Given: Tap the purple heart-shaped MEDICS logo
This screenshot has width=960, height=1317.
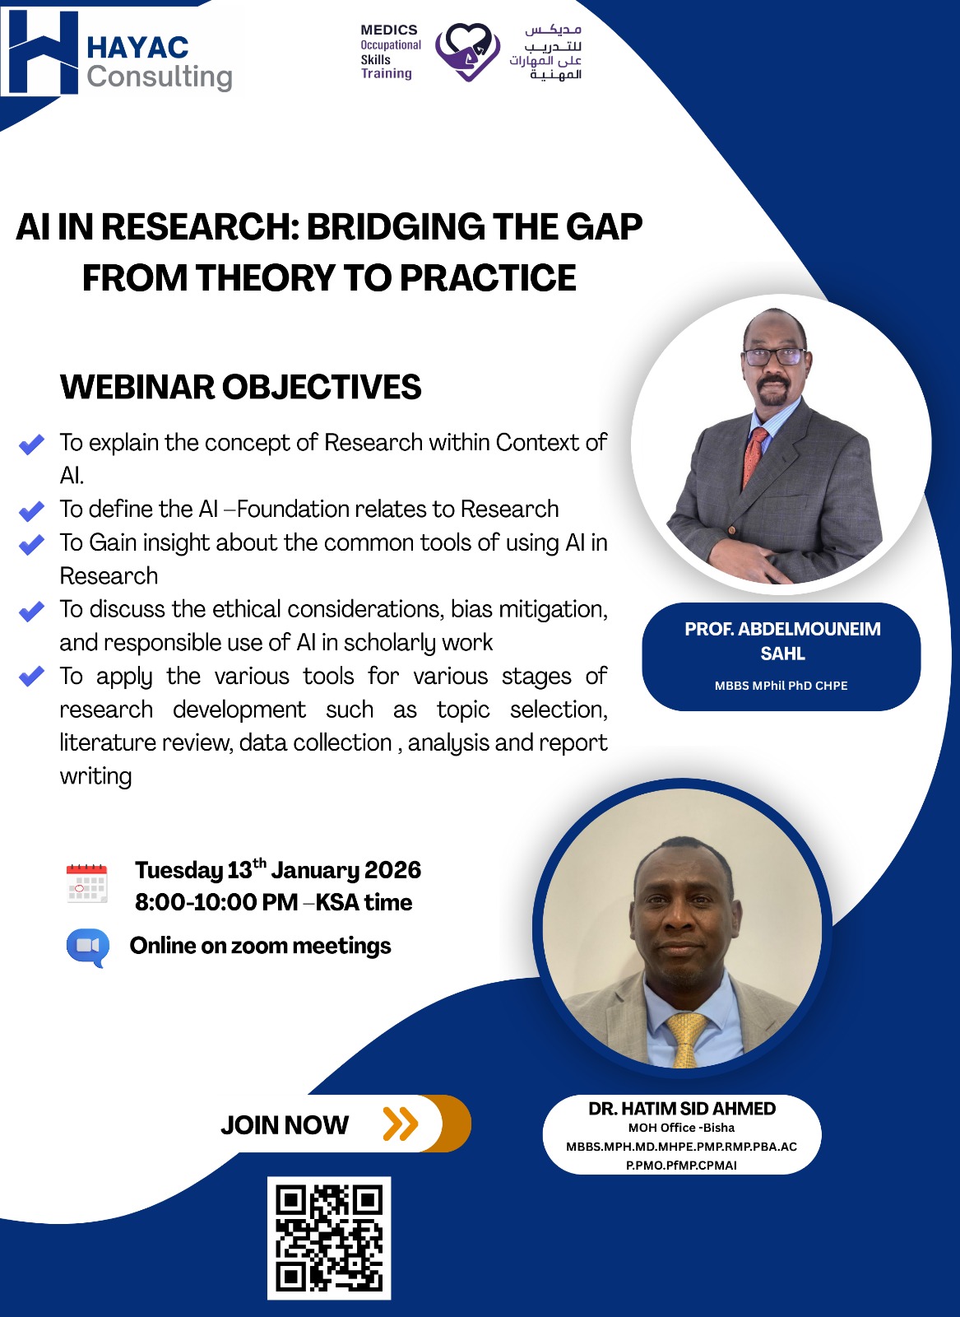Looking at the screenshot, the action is click(468, 52).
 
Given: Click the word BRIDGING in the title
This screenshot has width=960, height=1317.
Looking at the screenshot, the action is click(394, 226).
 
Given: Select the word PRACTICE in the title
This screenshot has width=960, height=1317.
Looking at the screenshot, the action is click(488, 277).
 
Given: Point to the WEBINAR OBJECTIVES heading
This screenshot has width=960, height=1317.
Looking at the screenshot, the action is click(240, 387).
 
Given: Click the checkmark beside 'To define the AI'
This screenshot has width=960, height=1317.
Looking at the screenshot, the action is click(32, 510).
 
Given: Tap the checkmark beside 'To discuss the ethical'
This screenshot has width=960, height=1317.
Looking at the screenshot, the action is click(32, 611).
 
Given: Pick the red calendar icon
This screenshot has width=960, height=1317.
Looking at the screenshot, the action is click(87, 883).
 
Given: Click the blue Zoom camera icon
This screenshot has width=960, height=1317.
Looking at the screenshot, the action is click(88, 947).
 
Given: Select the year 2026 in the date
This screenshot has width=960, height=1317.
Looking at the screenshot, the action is click(392, 870).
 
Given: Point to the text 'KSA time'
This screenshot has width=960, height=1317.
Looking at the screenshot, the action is click(364, 902).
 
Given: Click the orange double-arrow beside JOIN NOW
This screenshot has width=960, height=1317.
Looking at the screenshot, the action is click(400, 1124).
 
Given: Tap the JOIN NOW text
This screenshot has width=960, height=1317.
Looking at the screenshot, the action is click(285, 1124).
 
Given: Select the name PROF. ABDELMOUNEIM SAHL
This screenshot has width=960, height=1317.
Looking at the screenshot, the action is click(782, 641).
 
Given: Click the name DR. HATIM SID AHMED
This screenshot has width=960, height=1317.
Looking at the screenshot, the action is click(682, 1108).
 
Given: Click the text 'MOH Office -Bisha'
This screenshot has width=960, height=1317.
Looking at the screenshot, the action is click(681, 1128).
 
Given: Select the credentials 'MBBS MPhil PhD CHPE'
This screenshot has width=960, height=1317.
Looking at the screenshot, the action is click(781, 686).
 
